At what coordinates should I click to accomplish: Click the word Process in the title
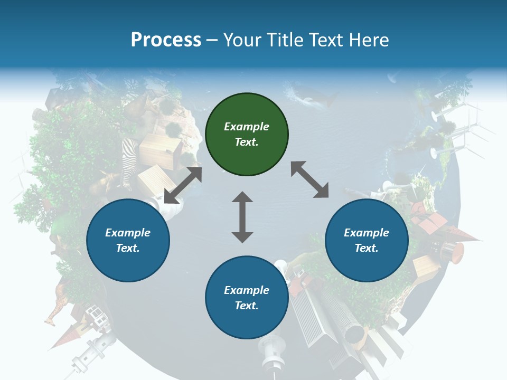tap(166, 40)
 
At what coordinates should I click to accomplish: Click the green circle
tap(247, 134)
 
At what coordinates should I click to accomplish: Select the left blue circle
tap(128, 240)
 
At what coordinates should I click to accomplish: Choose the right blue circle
tap(367, 240)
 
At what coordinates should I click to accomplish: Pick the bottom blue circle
tap(247, 298)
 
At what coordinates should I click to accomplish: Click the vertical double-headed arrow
tap(242, 217)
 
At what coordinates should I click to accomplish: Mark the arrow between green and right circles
tap(309, 179)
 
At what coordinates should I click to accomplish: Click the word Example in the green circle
tap(247, 127)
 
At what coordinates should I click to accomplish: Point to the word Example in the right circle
tap(367, 233)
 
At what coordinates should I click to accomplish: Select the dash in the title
tap(212, 40)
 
